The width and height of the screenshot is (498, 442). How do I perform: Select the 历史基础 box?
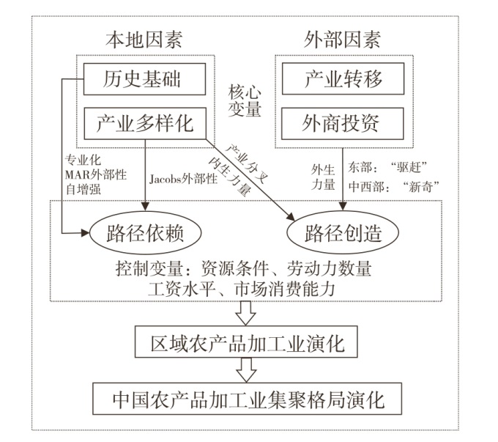click(x=144, y=78)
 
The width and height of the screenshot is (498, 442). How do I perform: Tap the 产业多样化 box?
click(x=144, y=122)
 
